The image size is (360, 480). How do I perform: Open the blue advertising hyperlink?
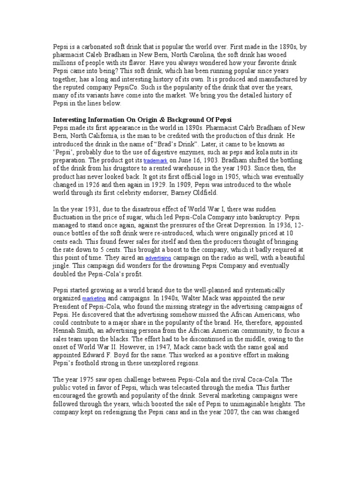158,258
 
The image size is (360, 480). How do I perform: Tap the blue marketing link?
94,299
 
